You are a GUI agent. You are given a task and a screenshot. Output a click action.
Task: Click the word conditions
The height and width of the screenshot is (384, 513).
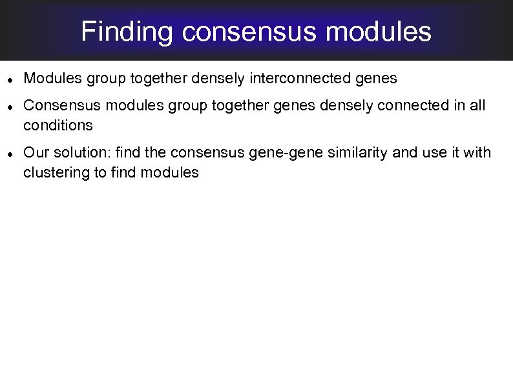pos(58,125)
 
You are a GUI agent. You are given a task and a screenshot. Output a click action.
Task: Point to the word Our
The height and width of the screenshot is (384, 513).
pos(34,153)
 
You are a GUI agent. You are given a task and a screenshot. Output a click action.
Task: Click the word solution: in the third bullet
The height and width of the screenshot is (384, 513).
pos(75,153)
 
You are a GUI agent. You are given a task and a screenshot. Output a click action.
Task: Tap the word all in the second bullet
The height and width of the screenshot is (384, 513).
pos(477,106)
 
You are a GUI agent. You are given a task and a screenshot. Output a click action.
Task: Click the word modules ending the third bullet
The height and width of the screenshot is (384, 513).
pos(172,173)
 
